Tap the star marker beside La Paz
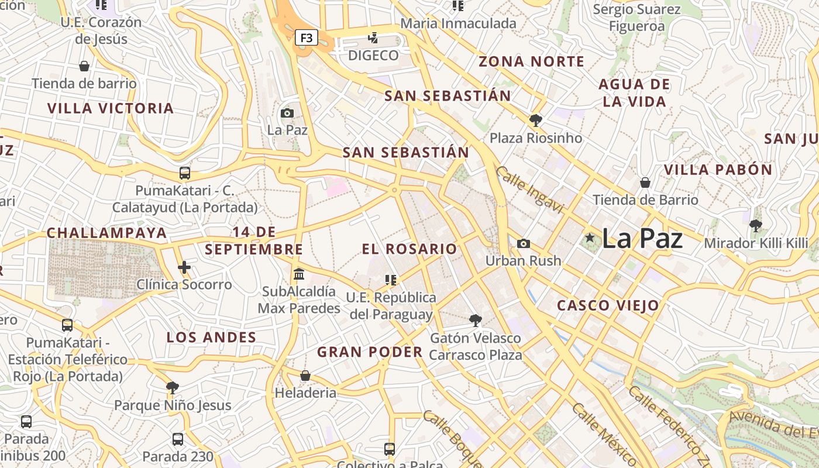point(590,238)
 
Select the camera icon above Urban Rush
point(524,243)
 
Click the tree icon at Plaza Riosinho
point(535,121)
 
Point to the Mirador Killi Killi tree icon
point(756,225)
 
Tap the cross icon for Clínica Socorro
point(184,267)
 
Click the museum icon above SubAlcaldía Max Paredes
point(299,274)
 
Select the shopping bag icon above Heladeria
point(305,376)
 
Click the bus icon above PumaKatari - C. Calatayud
point(184,173)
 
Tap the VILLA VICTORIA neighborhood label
point(111,108)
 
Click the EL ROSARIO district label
point(409,249)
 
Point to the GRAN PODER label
point(370,352)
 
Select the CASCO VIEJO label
point(608,305)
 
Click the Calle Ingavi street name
point(530,190)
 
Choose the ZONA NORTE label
point(531,61)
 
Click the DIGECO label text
point(373,56)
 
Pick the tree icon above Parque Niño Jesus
point(172,387)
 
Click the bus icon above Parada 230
point(178,439)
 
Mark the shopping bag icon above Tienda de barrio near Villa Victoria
point(84,66)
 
